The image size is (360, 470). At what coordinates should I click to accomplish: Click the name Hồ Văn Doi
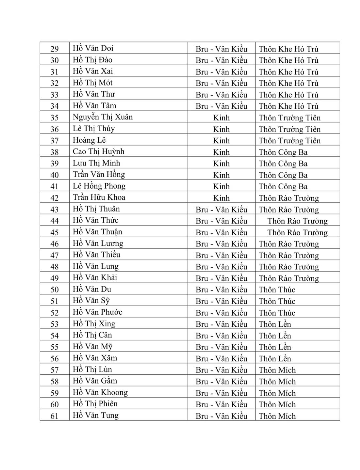(93, 48)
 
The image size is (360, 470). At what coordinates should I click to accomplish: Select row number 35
(55, 117)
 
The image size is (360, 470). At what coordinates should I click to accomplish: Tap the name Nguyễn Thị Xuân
(103, 117)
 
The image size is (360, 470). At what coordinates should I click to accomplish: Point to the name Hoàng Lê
(89, 140)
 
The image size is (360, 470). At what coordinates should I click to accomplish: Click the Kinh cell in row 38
(221, 152)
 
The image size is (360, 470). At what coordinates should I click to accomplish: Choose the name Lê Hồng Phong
(99, 186)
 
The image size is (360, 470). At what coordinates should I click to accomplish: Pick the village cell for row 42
(288, 198)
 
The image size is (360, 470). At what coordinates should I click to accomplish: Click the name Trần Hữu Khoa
(99, 197)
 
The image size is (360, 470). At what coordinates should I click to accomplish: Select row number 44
(55, 221)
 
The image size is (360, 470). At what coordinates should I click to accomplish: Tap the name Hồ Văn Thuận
(97, 232)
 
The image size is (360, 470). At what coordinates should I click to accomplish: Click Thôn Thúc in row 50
(277, 290)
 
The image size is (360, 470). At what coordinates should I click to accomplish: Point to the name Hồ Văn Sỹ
(91, 301)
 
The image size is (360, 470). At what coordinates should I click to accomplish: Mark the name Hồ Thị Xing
(94, 324)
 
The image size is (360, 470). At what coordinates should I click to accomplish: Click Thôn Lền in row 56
(274, 359)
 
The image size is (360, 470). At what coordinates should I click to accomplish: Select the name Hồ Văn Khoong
(100, 393)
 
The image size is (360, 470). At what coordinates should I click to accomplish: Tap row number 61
(55, 416)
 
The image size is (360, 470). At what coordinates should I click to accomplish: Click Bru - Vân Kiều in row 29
(221, 49)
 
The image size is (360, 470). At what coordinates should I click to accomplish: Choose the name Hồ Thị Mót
(92, 83)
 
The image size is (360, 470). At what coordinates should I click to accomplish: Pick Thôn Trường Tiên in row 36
(289, 129)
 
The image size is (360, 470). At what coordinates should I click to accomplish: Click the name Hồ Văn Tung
(95, 415)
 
